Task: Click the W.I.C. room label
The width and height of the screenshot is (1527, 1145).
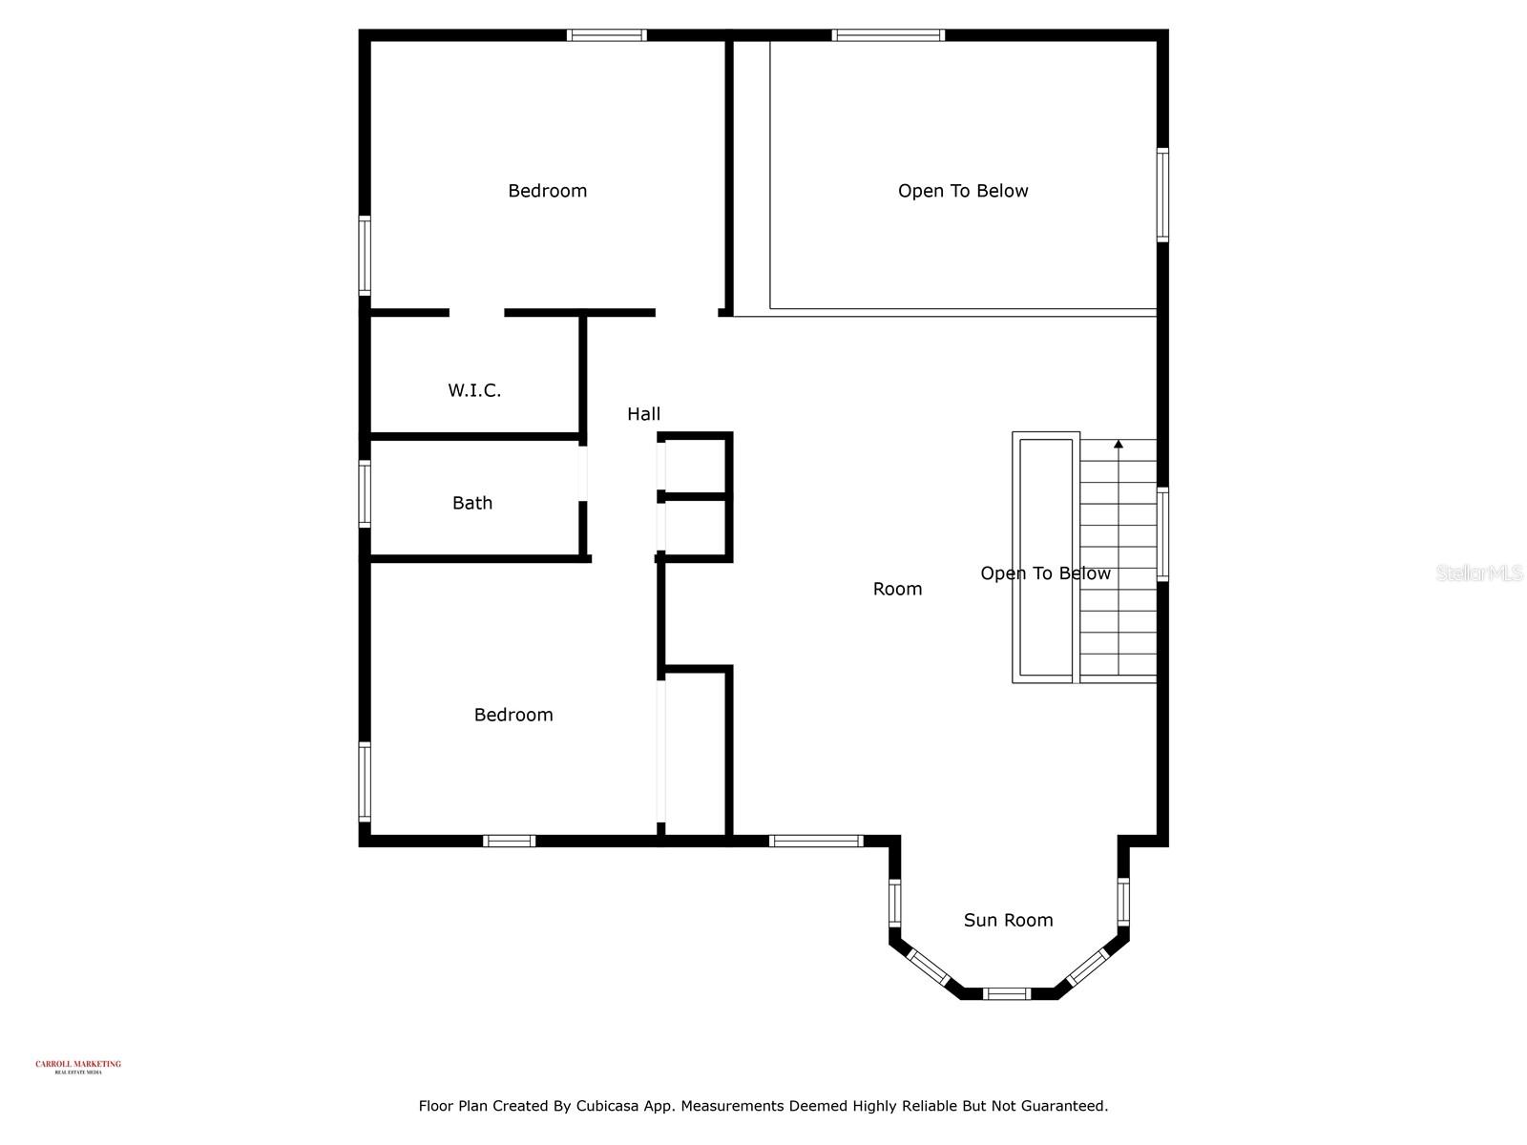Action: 474,390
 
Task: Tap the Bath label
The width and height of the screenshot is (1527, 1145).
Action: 472,503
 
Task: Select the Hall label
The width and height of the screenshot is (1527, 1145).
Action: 643,414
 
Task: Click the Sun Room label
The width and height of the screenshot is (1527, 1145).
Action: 1008,920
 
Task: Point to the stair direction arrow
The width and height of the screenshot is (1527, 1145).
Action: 1119,445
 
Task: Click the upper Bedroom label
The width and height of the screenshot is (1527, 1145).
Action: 547,191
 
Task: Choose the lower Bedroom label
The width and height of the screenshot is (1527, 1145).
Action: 513,715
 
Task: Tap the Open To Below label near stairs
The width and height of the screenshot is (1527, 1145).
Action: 1045,573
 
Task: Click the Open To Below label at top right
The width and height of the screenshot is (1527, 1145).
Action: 963,191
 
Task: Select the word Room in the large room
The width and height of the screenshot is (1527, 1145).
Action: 897,590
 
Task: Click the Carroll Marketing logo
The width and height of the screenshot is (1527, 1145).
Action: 78,1067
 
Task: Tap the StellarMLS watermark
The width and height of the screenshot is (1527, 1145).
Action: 1479,572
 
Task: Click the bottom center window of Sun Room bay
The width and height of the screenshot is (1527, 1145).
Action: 1008,993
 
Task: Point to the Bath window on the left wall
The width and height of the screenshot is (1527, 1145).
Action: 365,493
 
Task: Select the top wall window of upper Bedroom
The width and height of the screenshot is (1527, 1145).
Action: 606,35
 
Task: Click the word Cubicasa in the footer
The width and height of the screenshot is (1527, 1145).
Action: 611,1106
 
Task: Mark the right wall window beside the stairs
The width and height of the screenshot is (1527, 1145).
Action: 1162,534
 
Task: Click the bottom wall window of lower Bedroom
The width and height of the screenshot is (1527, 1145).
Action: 509,841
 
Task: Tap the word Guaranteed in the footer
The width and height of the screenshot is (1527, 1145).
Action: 1062,1106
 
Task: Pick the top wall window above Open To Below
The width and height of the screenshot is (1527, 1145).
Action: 888,35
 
